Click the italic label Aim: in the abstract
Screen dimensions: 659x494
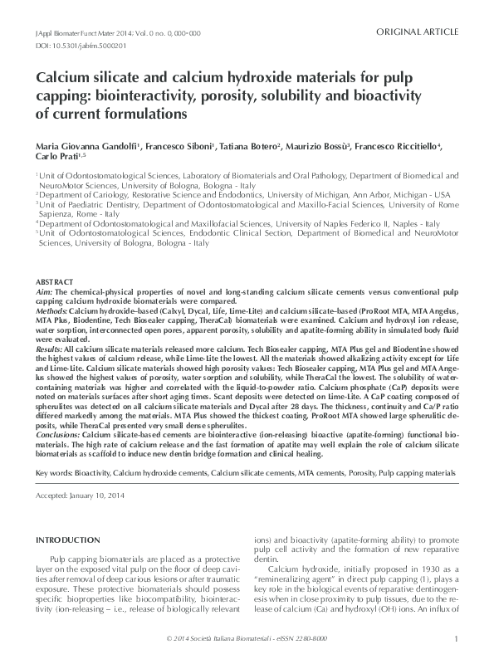[46, 292]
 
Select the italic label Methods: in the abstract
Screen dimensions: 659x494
[52, 310]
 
